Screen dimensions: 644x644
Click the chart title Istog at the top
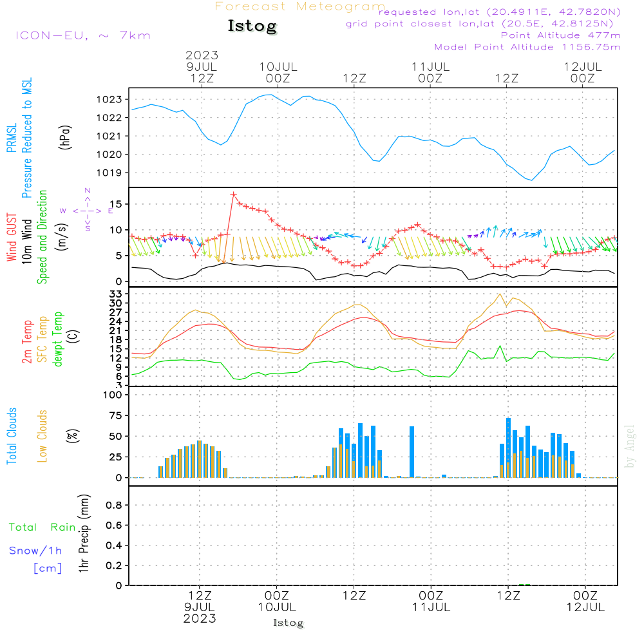click(x=252, y=26)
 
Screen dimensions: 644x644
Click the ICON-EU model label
click(x=82, y=35)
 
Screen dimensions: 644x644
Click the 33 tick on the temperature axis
click(x=116, y=294)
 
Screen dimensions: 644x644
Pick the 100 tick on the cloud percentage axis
click(x=113, y=395)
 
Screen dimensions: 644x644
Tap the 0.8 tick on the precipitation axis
click(x=114, y=506)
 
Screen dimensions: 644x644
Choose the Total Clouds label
click(x=12, y=436)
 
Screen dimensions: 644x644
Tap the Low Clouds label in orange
click(x=43, y=436)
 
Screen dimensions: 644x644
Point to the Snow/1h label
click(x=35, y=551)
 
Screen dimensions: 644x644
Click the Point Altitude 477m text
click(x=560, y=35)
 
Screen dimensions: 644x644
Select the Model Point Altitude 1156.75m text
click(x=527, y=47)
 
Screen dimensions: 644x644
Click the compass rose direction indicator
click(x=87, y=211)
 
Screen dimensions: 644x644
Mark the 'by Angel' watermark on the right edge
click(x=630, y=446)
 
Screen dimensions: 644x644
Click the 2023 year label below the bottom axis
click(x=200, y=618)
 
